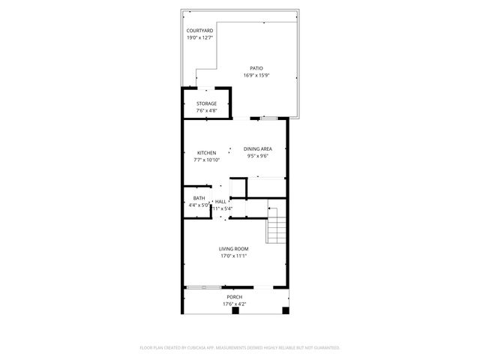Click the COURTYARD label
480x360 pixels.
pos(199,31)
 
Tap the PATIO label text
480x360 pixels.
pos(256,68)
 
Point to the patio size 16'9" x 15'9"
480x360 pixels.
pos(256,75)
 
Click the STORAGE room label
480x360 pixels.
pos(206,103)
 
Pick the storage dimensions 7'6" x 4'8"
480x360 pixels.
pos(206,110)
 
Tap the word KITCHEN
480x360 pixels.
pos(206,153)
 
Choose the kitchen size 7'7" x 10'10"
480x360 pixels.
pos(206,160)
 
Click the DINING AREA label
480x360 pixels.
pos(257,149)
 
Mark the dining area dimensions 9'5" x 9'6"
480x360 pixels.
pos(257,156)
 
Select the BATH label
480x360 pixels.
pos(199,198)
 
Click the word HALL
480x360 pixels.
pos(220,202)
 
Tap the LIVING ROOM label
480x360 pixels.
pos(234,249)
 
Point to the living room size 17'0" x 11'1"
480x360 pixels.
pos(234,256)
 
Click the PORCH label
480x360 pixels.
pos(235,297)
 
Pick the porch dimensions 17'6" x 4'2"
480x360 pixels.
pos(235,304)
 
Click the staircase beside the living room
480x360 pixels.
pos(277,226)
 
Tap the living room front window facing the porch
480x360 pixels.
pos(202,286)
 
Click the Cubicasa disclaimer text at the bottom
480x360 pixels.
pos(240,348)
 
